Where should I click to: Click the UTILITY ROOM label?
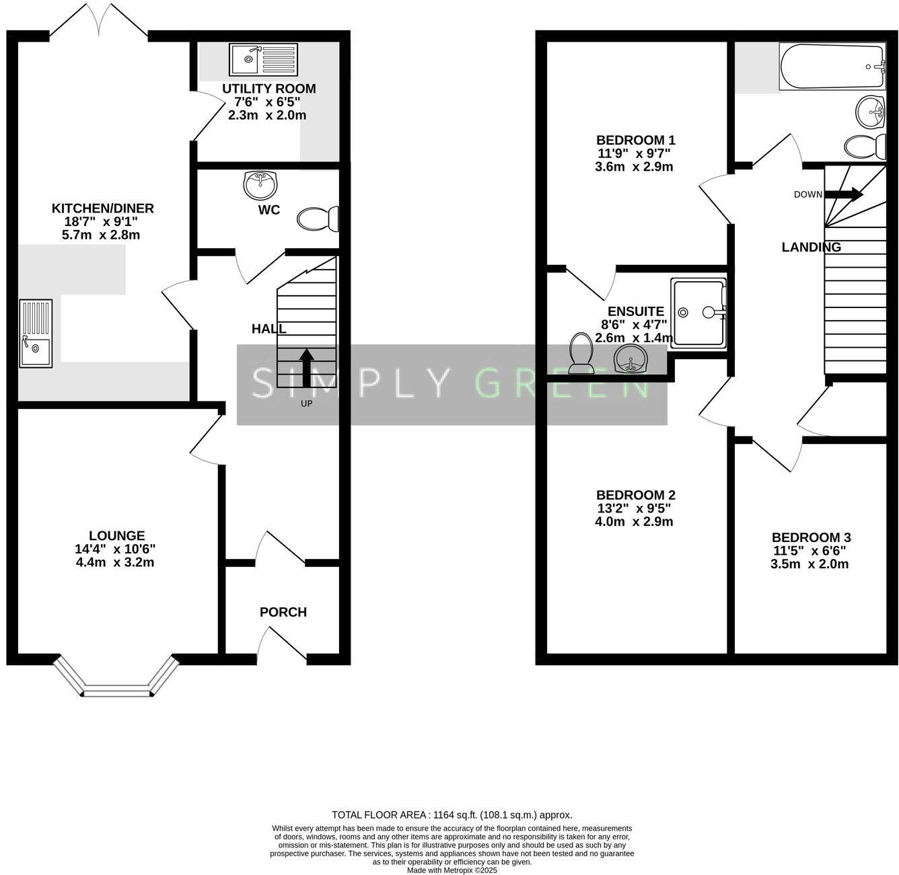(x=268, y=89)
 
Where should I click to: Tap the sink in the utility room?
(x=263, y=60)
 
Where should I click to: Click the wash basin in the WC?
(x=261, y=184)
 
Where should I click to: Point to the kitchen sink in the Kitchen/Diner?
(x=36, y=333)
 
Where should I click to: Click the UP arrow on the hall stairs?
(x=306, y=367)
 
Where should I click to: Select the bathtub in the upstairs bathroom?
(x=832, y=67)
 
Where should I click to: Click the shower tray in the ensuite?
(x=699, y=313)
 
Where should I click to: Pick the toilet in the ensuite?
(x=580, y=354)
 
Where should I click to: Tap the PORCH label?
(x=283, y=612)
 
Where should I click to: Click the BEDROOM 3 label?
(x=811, y=537)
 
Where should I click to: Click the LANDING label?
(x=811, y=248)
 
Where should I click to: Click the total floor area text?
(x=452, y=814)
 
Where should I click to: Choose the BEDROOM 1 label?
(x=635, y=140)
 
